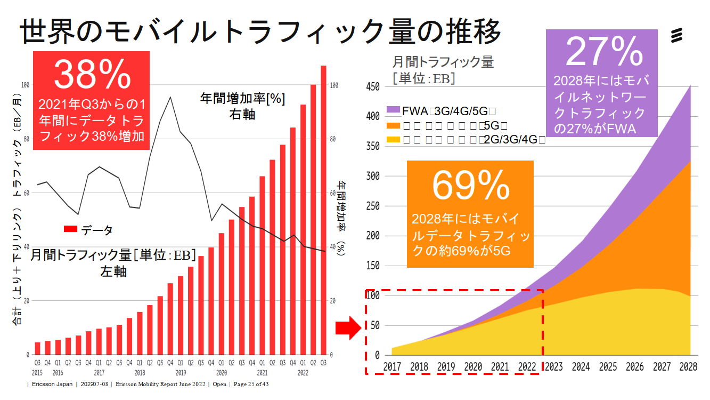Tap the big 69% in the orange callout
click(470, 186)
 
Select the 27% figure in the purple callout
click(604, 51)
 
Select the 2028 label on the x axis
click(689, 367)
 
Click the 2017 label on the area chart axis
click(393, 367)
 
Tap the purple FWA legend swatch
click(393, 110)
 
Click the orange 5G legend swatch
click(393, 125)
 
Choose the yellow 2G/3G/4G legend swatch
click(393, 140)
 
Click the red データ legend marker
click(71, 230)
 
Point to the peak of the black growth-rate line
click(170, 97)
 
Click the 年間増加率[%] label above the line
click(242, 99)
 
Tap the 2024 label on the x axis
click(581, 367)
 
